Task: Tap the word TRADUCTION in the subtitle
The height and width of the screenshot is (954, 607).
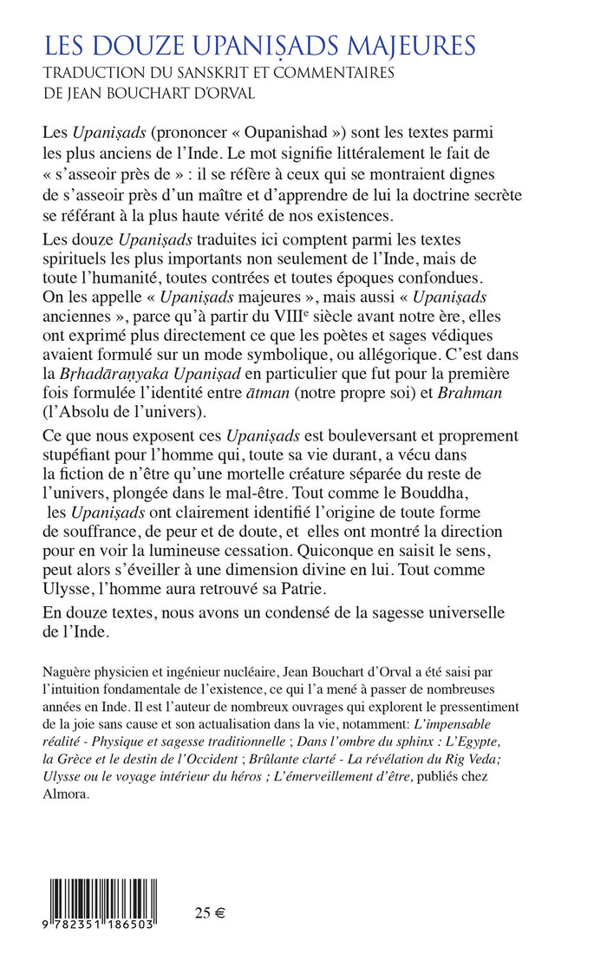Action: (96, 74)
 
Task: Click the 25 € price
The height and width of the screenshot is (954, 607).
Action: (209, 912)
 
